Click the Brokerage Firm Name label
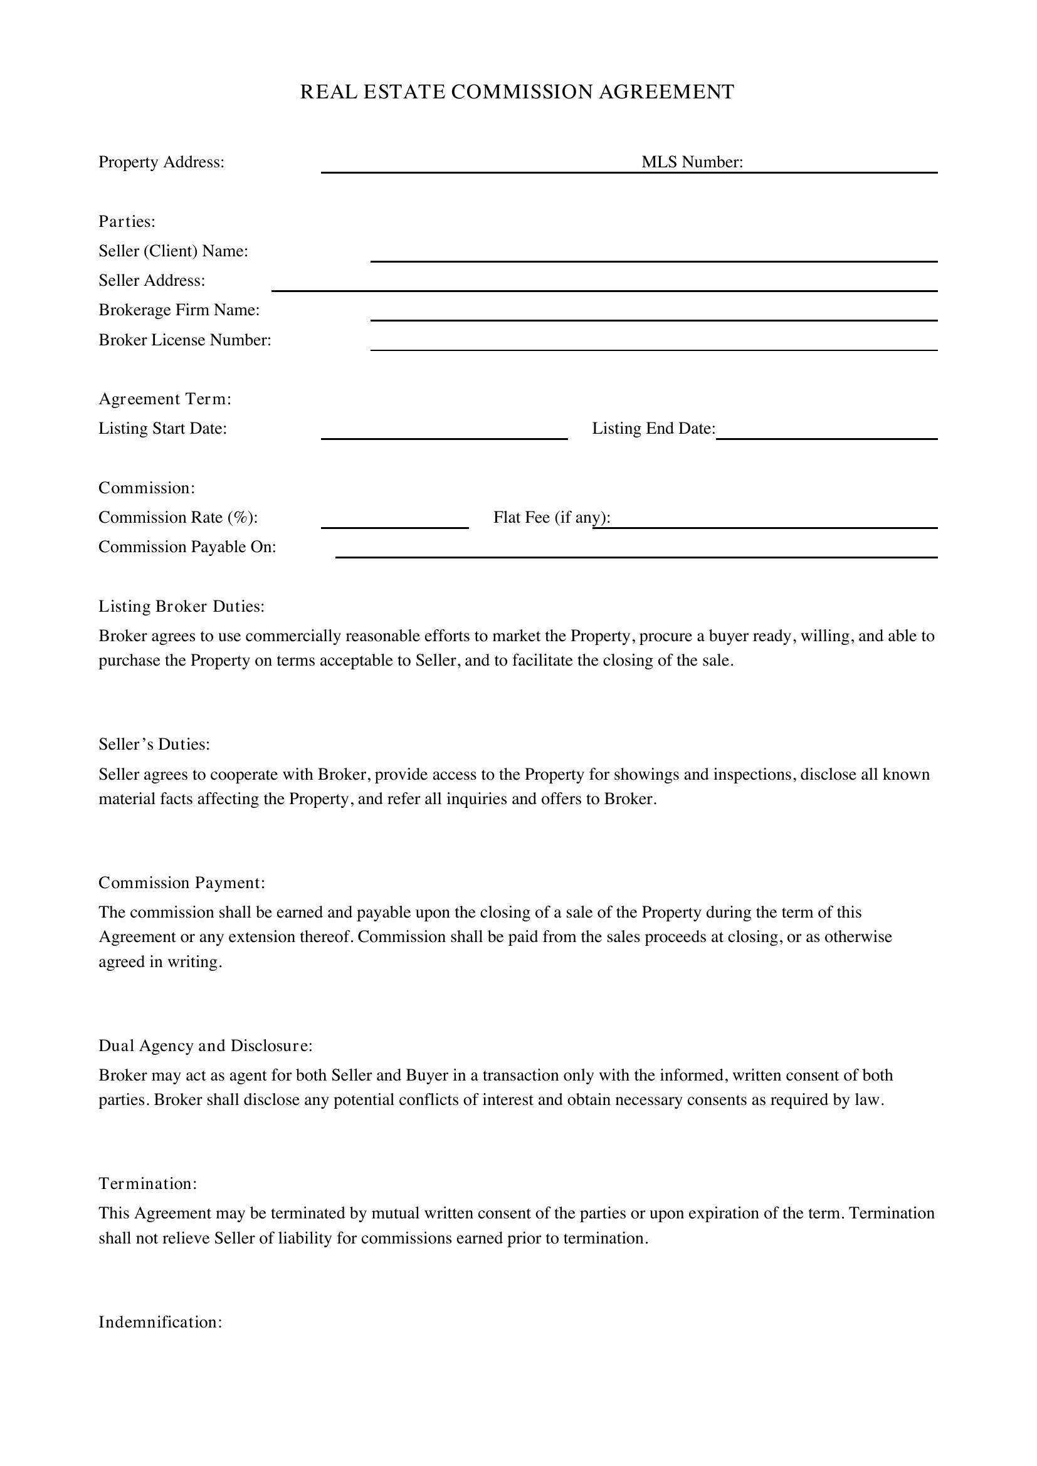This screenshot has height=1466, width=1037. (179, 310)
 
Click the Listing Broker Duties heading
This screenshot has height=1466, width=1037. (181, 606)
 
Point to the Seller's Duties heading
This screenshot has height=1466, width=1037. (154, 745)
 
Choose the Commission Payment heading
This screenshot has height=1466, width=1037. (181, 882)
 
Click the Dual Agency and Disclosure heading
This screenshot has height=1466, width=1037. (205, 1045)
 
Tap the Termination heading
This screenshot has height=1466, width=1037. (147, 1183)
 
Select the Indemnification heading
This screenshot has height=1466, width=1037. (161, 1322)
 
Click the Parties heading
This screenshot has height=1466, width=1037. (127, 221)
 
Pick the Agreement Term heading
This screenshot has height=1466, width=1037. (165, 399)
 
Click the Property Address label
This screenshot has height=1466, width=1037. (161, 162)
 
